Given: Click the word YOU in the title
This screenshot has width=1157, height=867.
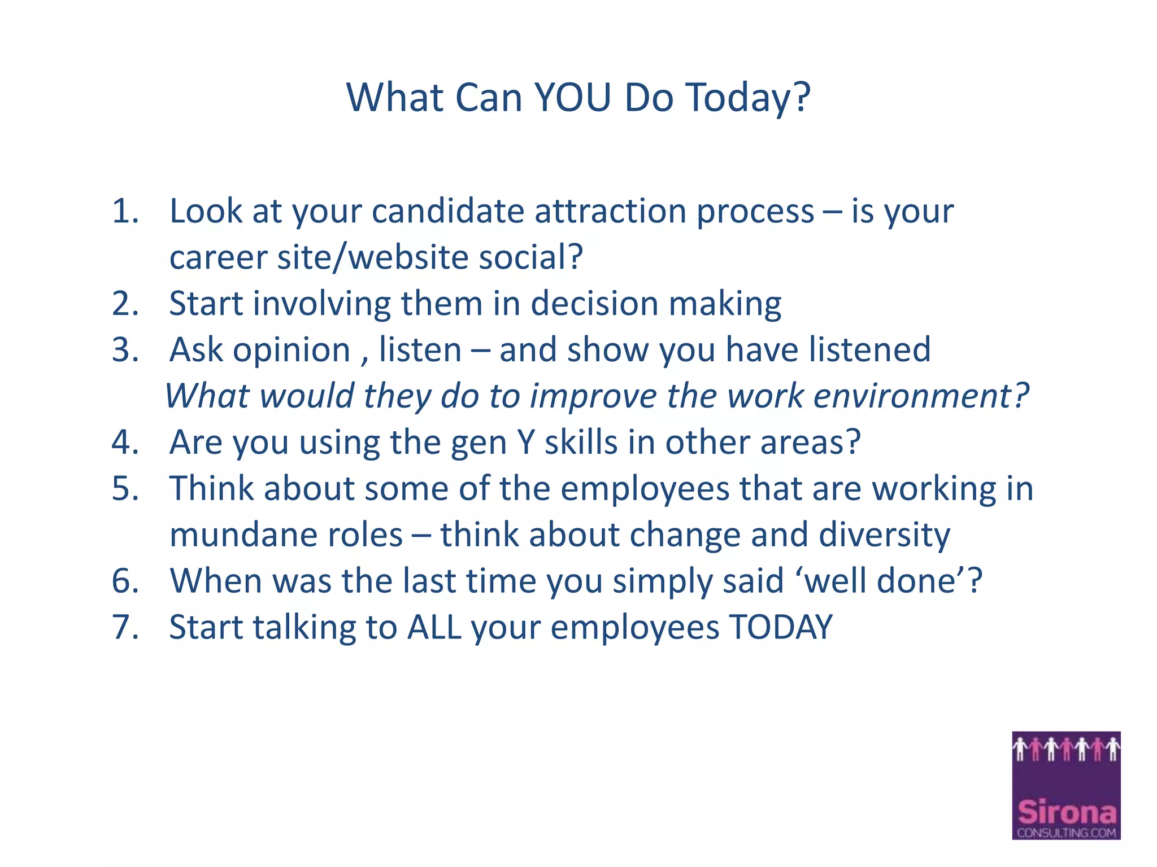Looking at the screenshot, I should click(572, 98).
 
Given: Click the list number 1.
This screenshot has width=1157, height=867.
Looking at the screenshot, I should click(125, 211).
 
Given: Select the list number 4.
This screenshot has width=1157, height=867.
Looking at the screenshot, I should click(125, 442).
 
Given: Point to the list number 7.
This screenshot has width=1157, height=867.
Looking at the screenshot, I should click(125, 627).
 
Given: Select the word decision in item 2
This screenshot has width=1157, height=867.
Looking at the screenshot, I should click(594, 304).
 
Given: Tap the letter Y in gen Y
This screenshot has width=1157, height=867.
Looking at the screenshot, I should click(525, 442).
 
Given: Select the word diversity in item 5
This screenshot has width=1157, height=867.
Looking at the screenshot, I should click(884, 535).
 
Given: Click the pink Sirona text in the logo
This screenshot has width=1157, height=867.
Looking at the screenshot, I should click(1066, 813).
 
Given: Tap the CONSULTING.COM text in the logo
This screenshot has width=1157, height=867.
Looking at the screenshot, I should click(1066, 833).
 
